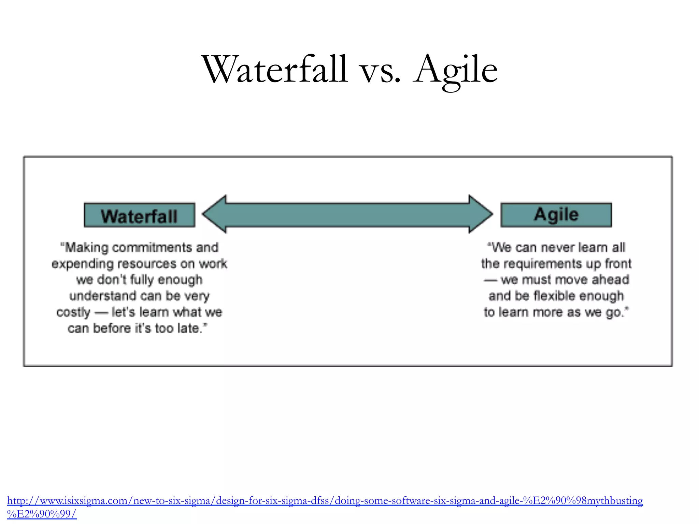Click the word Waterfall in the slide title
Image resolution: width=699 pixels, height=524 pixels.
point(275,70)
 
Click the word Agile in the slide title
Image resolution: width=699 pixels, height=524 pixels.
point(456,70)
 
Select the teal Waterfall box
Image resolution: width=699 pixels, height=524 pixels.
point(140,215)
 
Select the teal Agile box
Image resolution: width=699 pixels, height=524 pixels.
point(556,215)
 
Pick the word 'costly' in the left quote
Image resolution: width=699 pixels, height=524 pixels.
point(73,312)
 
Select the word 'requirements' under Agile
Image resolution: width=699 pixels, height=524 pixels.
point(543,264)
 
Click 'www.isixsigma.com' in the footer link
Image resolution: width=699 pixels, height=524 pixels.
point(84,501)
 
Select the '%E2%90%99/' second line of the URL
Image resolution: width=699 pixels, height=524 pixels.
point(42,514)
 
